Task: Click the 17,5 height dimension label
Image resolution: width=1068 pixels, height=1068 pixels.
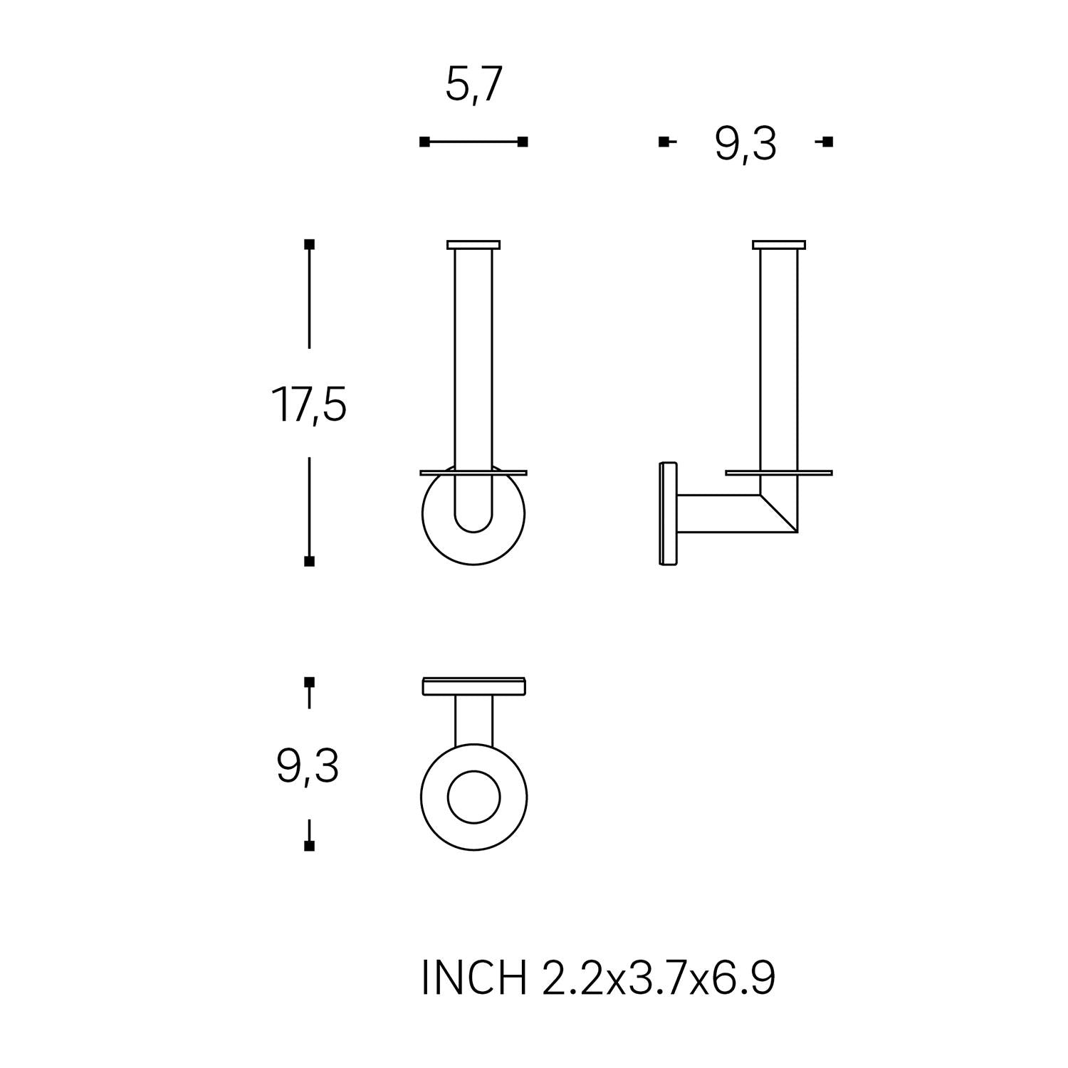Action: tap(308, 404)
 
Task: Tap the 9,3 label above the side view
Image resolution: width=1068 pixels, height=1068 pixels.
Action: tap(745, 145)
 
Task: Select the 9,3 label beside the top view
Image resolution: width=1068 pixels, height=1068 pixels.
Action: tap(308, 766)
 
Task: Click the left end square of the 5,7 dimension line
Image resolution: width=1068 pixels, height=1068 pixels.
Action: tap(424, 142)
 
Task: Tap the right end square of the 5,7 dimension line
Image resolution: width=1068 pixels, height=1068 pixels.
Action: tap(523, 142)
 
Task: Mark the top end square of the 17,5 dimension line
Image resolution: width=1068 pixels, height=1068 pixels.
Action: tap(309, 244)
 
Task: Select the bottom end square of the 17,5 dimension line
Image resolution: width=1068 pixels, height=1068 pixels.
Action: tap(309, 562)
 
